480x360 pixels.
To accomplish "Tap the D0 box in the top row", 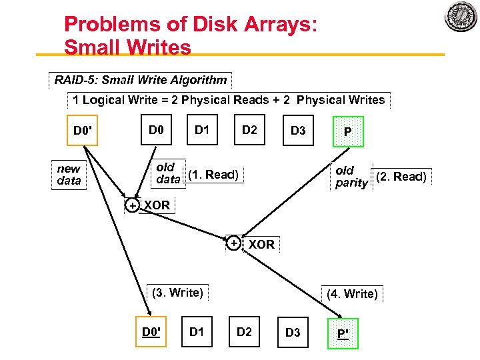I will pos(156,129).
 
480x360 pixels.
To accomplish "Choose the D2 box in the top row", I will pos(249,129).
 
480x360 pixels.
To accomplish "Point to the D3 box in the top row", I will pos(298,131).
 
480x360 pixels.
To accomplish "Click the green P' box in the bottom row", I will pos(343,333).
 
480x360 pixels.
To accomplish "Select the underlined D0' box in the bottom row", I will pos(153,331).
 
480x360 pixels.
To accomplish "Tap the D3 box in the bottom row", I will pos(293,333).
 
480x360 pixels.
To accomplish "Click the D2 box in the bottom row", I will pos(245,331).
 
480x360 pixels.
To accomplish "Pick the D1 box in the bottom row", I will pos(197,331).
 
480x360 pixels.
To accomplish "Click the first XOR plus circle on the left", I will pos(133,205).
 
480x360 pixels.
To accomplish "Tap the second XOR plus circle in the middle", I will pos(234,243).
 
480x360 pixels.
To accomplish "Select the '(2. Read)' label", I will pos(401,177).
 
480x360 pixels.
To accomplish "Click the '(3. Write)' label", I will pos(177,292).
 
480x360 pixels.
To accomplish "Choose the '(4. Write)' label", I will pos(352,293).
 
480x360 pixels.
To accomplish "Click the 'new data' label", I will pos(69,175).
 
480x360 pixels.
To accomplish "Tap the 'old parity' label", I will pos(351,177).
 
